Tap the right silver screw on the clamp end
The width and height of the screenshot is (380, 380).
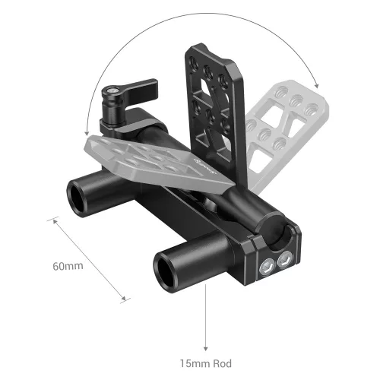tap(284, 261)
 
